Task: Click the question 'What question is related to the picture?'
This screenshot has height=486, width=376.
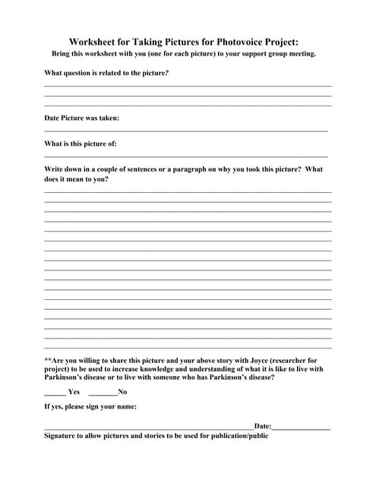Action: pyautogui.click(x=106, y=73)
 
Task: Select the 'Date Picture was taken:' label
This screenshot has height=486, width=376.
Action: pyautogui.click(x=81, y=118)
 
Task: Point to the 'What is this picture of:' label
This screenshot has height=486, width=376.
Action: pyautogui.click(x=81, y=144)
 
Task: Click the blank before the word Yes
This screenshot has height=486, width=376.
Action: pyautogui.click(x=55, y=394)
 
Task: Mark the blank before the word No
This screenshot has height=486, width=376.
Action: pyautogui.click(x=103, y=394)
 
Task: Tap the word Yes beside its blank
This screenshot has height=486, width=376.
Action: pyautogui.click(x=74, y=392)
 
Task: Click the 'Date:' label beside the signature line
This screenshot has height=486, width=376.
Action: pyautogui.click(x=262, y=427)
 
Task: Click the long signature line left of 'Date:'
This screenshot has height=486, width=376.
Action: pyautogui.click(x=148, y=430)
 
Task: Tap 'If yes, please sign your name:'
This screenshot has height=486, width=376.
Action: pyautogui.click(x=90, y=407)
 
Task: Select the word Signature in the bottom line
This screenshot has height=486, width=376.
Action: pyautogui.click(x=62, y=437)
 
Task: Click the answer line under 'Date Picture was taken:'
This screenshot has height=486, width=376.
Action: pyautogui.click(x=186, y=131)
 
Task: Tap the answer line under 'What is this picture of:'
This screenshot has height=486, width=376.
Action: pyautogui.click(x=186, y=156)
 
